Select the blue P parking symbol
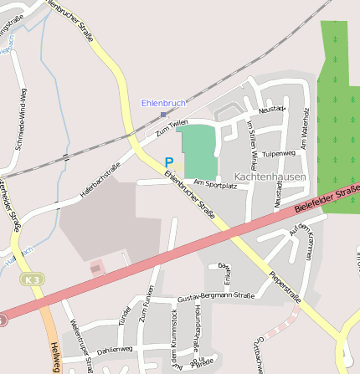(x=169, y=162)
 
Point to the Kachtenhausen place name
(x=270, y=177)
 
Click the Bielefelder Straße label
(x=327, y=199)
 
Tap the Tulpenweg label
(x=279, y=154)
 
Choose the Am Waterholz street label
(x=306, y=129)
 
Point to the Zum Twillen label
(x=172, y=127)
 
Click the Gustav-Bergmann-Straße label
(x=215, y=296)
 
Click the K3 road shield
(x=32, y=278)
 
